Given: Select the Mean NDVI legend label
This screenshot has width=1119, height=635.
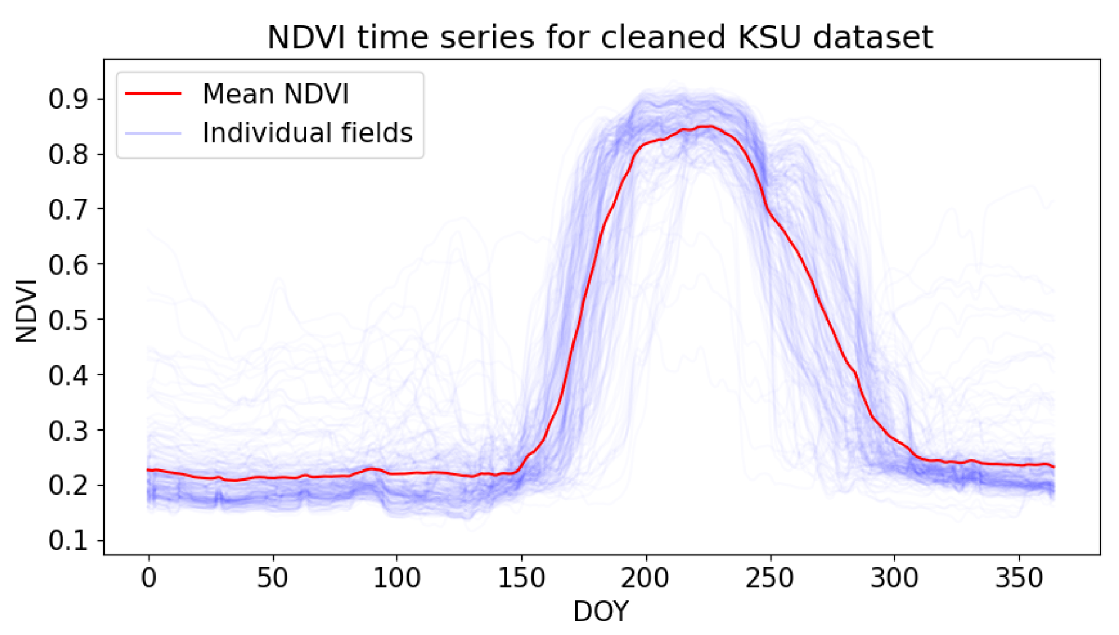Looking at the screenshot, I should tap(275, 94).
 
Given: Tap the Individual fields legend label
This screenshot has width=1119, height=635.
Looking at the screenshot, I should tap(307, 133).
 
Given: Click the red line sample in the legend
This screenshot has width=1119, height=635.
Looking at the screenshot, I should tap(153, 93).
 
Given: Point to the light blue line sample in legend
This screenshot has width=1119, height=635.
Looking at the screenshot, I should tap(153, 133).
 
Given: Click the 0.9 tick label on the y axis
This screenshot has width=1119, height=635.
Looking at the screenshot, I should tap(68, 99).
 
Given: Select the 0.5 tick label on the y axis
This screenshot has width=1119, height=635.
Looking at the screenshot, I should tap(68, 320).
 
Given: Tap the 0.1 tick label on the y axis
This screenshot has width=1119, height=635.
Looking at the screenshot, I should tap(68, 541).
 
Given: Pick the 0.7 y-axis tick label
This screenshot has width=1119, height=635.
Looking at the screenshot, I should tap(68, 210).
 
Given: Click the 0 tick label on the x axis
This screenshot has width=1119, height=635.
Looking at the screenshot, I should tap(149, 579).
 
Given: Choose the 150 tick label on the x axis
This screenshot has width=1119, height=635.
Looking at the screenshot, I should tap(521, 579).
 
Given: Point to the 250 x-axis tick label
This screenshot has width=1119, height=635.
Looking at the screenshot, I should tap(770, 579).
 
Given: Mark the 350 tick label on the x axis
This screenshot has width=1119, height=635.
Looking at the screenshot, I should tap(1019, 579).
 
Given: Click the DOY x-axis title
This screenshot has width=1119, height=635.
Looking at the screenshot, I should tap(601, 612).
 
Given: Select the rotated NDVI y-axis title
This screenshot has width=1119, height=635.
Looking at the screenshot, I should tap(27, 311).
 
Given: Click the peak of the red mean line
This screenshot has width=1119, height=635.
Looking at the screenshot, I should tap(709, 126).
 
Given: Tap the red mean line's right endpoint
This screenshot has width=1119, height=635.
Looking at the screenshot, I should tap(1054, 467).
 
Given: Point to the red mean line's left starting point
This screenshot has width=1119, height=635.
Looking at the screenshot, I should tap(148, 469).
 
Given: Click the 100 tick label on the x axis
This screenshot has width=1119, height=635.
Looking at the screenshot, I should tap(397, 579).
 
